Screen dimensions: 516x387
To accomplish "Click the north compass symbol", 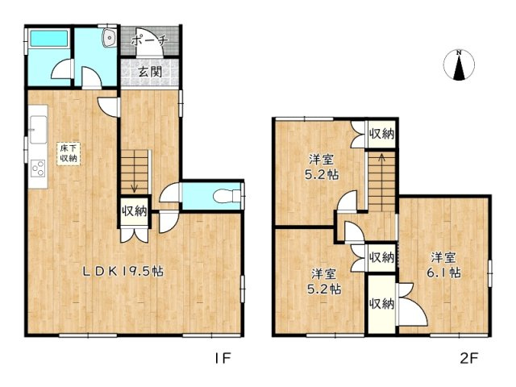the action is [459, 65].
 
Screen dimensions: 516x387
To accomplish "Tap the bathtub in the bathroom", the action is [49, 39].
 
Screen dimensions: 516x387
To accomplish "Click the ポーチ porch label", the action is [150, 41].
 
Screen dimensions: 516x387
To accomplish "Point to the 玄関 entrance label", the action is [150, 72].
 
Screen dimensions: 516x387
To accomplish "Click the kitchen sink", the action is [39, 129].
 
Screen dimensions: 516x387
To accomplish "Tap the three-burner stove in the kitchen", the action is [38, 169].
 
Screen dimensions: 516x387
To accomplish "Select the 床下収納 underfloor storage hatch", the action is [69, 153].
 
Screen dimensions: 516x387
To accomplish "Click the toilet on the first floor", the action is [227, 196].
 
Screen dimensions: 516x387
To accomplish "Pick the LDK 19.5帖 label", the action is [123, 271].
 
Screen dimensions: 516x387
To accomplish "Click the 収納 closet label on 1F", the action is [135, 211].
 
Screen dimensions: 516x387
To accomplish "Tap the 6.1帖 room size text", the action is [443, 273].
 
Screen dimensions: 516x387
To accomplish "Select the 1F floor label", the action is [223, 358].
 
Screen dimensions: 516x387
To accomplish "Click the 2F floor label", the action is [469, 358].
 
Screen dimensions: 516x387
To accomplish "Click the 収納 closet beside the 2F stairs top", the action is [381, 134].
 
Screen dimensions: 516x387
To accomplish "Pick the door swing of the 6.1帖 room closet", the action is [413, 305].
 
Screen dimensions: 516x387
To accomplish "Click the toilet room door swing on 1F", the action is [170, 193].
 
